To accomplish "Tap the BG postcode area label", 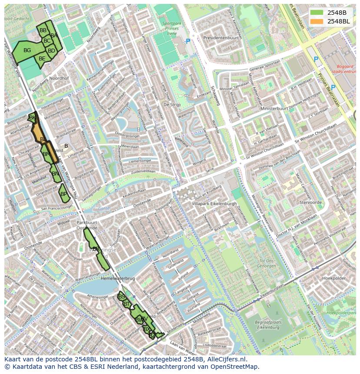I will [27, 50].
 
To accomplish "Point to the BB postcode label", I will [43, 30].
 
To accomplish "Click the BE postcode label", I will [42, 59].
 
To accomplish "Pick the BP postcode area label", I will [64, 194].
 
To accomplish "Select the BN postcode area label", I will [56, 174].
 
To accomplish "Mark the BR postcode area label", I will [96, 249].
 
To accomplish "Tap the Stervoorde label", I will [310, 202].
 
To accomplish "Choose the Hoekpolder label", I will [334, 278].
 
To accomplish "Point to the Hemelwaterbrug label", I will [118, 278].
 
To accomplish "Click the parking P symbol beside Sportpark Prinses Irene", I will [188, 42].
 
